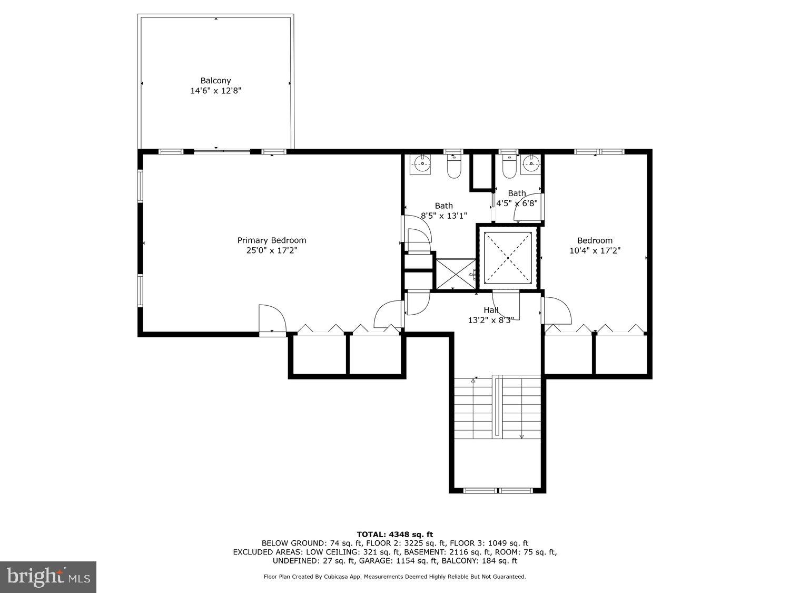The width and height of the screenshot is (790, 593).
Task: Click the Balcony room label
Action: pyautogui.click(x=215, y=81)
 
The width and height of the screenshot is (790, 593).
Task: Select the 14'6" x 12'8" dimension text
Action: pyautogui.click(x=215, y=91)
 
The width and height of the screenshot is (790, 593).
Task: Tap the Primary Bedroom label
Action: pyautogui.click(x=271, y=240)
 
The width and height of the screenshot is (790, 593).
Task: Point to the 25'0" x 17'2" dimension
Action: pyautogui.click(x=271, y=250)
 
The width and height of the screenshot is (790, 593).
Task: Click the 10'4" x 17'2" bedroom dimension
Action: pyautogui.click(x=595, y=251)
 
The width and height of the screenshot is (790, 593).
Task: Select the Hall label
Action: pyautogui.click(x=491, y=310)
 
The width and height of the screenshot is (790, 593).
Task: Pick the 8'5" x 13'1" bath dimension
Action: pyautogui.click(x=443, y=215)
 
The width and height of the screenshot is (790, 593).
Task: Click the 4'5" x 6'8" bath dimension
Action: pyautogui.click(x=516, y=203)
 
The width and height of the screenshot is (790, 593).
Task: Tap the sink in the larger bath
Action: pyautogui.click(x=421, y=164)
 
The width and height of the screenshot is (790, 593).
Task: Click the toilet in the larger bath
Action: pyautogui.click(x=454, y=165)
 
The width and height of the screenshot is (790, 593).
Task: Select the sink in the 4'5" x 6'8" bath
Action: pyautogui.click(x=531, y=164)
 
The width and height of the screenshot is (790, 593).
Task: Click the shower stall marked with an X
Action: pyautogui.click(x=456, y=274)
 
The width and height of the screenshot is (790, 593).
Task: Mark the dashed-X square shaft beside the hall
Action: pyautogui.click(x=507, y=257)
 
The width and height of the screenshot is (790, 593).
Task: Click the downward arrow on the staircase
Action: pyautogui.click(x=522, y=436)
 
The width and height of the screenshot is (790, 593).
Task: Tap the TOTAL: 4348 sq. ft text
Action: pyautogui.click(x=394, y=534)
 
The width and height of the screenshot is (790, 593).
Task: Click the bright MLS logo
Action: pyautogui.click(x=48, y=577)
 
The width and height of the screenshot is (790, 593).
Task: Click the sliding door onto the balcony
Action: pyautogui.click(x=222, y=152)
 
